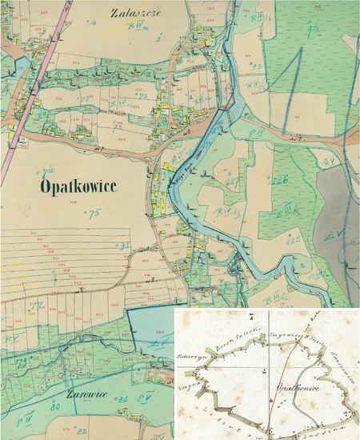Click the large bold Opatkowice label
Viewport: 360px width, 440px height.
[77, 186]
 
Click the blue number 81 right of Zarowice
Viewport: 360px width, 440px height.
[123, 398]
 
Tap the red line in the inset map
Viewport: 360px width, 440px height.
[278, 384]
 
